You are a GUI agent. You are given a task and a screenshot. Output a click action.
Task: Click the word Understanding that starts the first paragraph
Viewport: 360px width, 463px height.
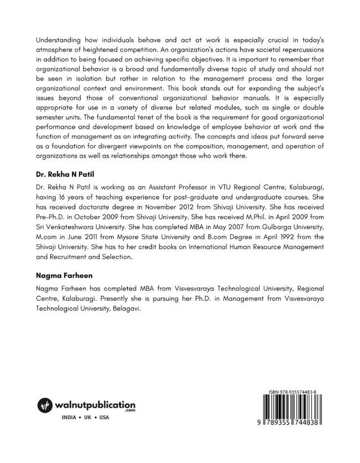coord(56,40)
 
